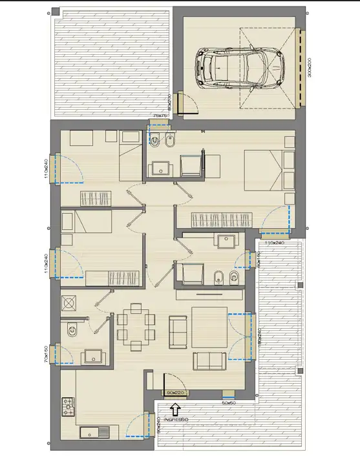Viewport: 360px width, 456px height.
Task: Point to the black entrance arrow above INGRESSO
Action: (x=175, y=408)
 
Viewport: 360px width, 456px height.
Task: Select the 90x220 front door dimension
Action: (x=175, y=392)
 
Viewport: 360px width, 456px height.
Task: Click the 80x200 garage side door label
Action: (x=169, y=106)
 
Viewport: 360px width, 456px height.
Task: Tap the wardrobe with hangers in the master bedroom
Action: (x=220, y=220)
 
